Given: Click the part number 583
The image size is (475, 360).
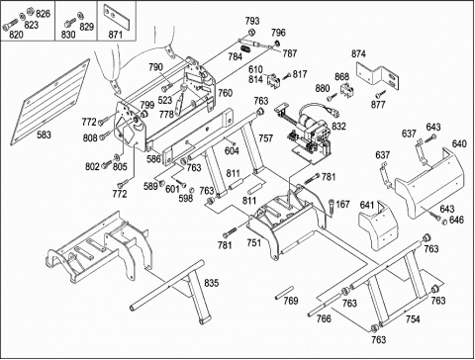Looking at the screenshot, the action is coord(44,135).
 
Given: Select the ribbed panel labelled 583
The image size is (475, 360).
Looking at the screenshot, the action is coord(50,102).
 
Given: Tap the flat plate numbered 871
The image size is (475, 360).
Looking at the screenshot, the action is coord(117,18).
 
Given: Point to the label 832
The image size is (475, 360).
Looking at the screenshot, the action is coord(338,126).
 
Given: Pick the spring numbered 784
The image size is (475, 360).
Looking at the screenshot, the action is coord(244,49).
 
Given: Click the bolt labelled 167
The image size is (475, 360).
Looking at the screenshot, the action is coord(332,207).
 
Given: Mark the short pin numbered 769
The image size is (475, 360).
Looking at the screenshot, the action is coord(284,293).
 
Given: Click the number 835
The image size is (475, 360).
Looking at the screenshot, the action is coord(212,283).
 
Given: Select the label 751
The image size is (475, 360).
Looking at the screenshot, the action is coord(254,243).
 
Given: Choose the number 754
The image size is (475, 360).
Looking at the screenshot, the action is coord(413,318).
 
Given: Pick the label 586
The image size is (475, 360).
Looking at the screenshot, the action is coord(153,159).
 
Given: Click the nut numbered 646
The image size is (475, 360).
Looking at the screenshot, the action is coord(444,222).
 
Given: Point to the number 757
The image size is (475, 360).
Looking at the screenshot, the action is coord(266,138).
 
